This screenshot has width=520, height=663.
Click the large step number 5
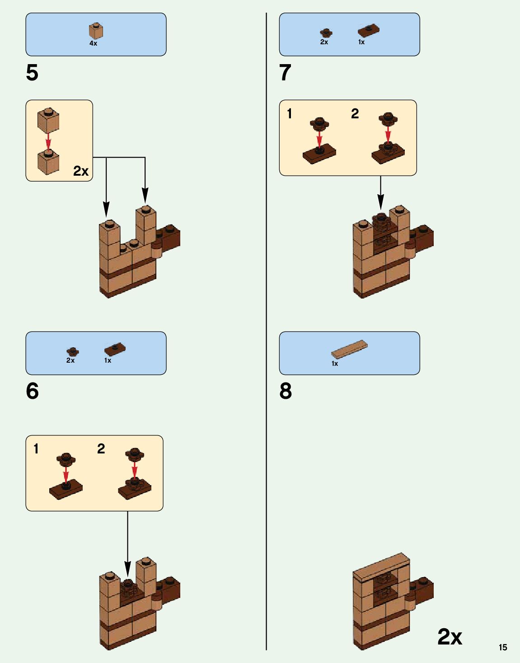coord(32,73)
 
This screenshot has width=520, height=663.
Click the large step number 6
coord(32,391)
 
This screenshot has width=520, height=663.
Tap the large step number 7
coord(285,73)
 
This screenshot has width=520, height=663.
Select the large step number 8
coord(286,391)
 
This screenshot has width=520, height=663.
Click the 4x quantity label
coord(93,43)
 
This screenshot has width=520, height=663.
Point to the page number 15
coord(503,647)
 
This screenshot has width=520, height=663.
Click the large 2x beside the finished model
coord(450,637)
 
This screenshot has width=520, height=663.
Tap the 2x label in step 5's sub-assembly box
coord(81,171)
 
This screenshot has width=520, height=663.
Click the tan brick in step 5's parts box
coord(96,31)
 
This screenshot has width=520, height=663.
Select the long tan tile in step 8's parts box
coord(349,348)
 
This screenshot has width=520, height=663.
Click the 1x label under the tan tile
coord(335,364)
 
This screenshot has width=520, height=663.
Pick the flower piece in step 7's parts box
coord(326,33)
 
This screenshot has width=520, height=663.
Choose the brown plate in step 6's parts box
coord(115,349)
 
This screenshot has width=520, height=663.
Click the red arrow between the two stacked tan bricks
coord(48,140)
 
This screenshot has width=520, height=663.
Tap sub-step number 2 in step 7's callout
coord(355,114)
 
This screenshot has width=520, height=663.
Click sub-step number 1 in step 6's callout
coord(36,449)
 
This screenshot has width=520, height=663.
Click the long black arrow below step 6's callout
coord(127,542)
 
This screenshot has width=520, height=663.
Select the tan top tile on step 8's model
coord(381,565)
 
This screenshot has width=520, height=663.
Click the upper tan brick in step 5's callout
coord(48,120)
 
